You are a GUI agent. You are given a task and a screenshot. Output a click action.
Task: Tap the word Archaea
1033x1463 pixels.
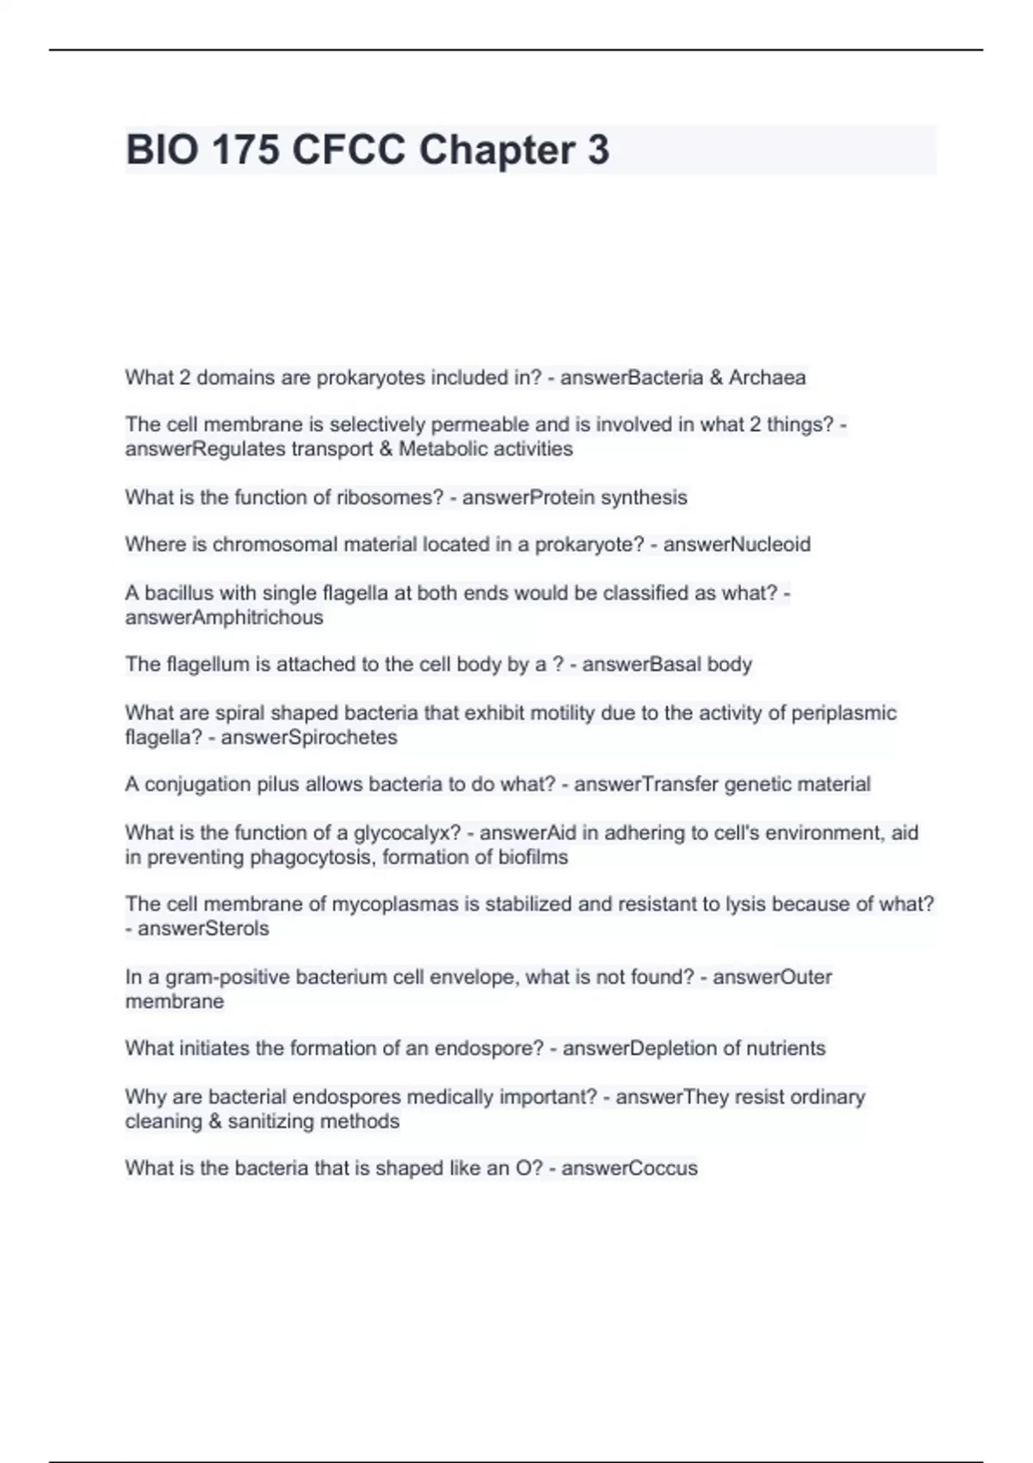click(767, 378)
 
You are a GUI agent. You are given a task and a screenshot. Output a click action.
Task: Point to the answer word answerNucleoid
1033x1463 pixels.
click(736, 545)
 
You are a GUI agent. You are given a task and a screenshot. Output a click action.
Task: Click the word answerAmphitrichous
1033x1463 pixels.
click(224, 617)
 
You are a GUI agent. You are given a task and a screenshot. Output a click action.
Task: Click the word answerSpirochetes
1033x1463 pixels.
click(309, 738)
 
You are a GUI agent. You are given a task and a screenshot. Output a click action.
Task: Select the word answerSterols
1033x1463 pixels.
click(203, 929)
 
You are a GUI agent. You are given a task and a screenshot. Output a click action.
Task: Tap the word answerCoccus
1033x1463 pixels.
click(629, 1168)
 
